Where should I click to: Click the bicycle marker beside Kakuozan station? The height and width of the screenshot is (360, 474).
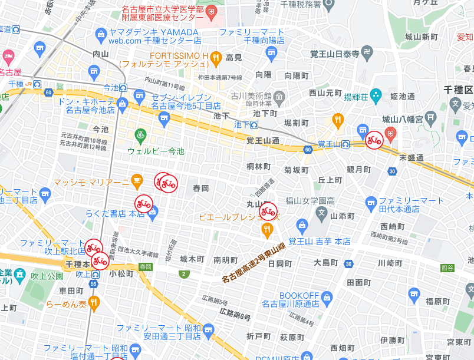(x=374, y=140)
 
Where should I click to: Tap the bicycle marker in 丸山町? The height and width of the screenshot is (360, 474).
(x=268, y=211)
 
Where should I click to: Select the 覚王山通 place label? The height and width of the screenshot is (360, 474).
(x=262, y=140)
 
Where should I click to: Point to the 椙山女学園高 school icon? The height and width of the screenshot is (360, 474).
(x=322, y=212)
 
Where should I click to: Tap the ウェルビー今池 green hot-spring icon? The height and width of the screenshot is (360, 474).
(x=140, y=135)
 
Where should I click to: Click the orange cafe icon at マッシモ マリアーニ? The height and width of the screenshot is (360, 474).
(x=137, y=179)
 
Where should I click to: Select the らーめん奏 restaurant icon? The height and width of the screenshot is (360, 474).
(x=94, y=303)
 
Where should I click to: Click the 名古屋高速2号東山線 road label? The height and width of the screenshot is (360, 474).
(x=254, y=262)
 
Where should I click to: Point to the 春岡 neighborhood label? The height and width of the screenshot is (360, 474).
(x=201, y=188)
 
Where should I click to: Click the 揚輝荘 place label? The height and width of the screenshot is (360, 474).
(x=373, y=96)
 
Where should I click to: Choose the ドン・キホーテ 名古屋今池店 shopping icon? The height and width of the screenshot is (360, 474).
(x=123, y=104)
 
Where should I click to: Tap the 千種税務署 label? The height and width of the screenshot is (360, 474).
(x=301, y=5)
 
